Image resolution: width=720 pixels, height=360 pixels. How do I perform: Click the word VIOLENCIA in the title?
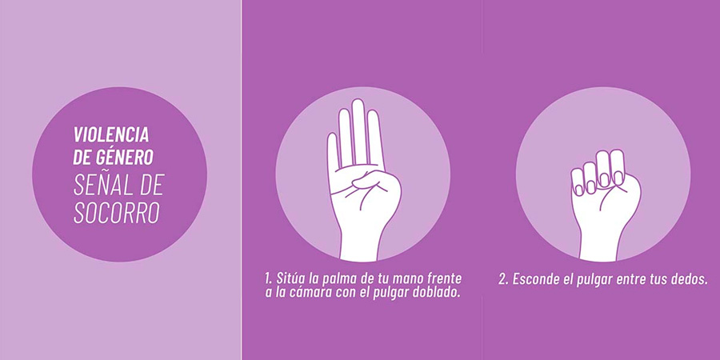click(x=111, y=134)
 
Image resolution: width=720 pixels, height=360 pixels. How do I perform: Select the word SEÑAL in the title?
click(x=102, y=187)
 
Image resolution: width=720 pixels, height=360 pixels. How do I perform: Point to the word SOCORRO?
click(x=117, y=213)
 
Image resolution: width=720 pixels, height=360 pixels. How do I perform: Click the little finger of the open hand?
click(x=334, y=151)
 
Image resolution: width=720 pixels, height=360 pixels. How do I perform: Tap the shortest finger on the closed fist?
click(x=578, y=182)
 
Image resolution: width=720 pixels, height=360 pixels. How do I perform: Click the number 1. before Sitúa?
click(x=269, y=278)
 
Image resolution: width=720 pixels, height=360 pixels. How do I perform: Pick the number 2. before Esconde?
click(x=503, y=279)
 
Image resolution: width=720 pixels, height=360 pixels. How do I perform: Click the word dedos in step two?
click(x=691, y=279)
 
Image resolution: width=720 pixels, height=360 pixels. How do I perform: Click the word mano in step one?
click(x=408, y=279)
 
